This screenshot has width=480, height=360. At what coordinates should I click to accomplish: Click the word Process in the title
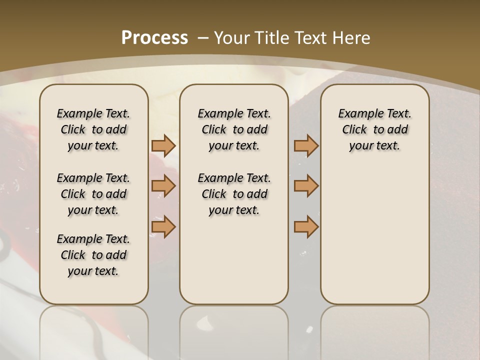click(x=154, y=38)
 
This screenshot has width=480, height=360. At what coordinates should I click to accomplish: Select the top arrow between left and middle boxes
click(x=163, y=145)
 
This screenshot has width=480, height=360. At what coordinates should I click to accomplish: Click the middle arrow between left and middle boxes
click(x=163, y=186)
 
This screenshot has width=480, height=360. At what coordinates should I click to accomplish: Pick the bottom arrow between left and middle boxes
click(x=163, y=227)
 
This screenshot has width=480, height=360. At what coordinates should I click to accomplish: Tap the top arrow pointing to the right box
click(x=306, y=145)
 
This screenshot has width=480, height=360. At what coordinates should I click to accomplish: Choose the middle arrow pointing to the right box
click(x=306, y=186)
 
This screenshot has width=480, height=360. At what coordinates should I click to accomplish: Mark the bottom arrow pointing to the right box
click(x=306, y=227)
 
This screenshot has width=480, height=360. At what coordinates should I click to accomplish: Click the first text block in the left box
click(x=93, y=129)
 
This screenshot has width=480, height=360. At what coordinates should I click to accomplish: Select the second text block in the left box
click(x=93, y=194)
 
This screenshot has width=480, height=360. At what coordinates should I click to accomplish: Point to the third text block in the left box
click(x=93, y=255)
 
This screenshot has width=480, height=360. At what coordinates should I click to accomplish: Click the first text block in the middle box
click(x=234, y=129)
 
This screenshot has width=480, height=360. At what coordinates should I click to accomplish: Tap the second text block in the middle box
click(x=234, y=194)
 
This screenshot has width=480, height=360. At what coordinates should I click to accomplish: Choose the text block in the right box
click(x=374, y=129)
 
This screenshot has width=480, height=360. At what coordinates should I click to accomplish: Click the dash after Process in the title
click(x=203, y=38)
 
